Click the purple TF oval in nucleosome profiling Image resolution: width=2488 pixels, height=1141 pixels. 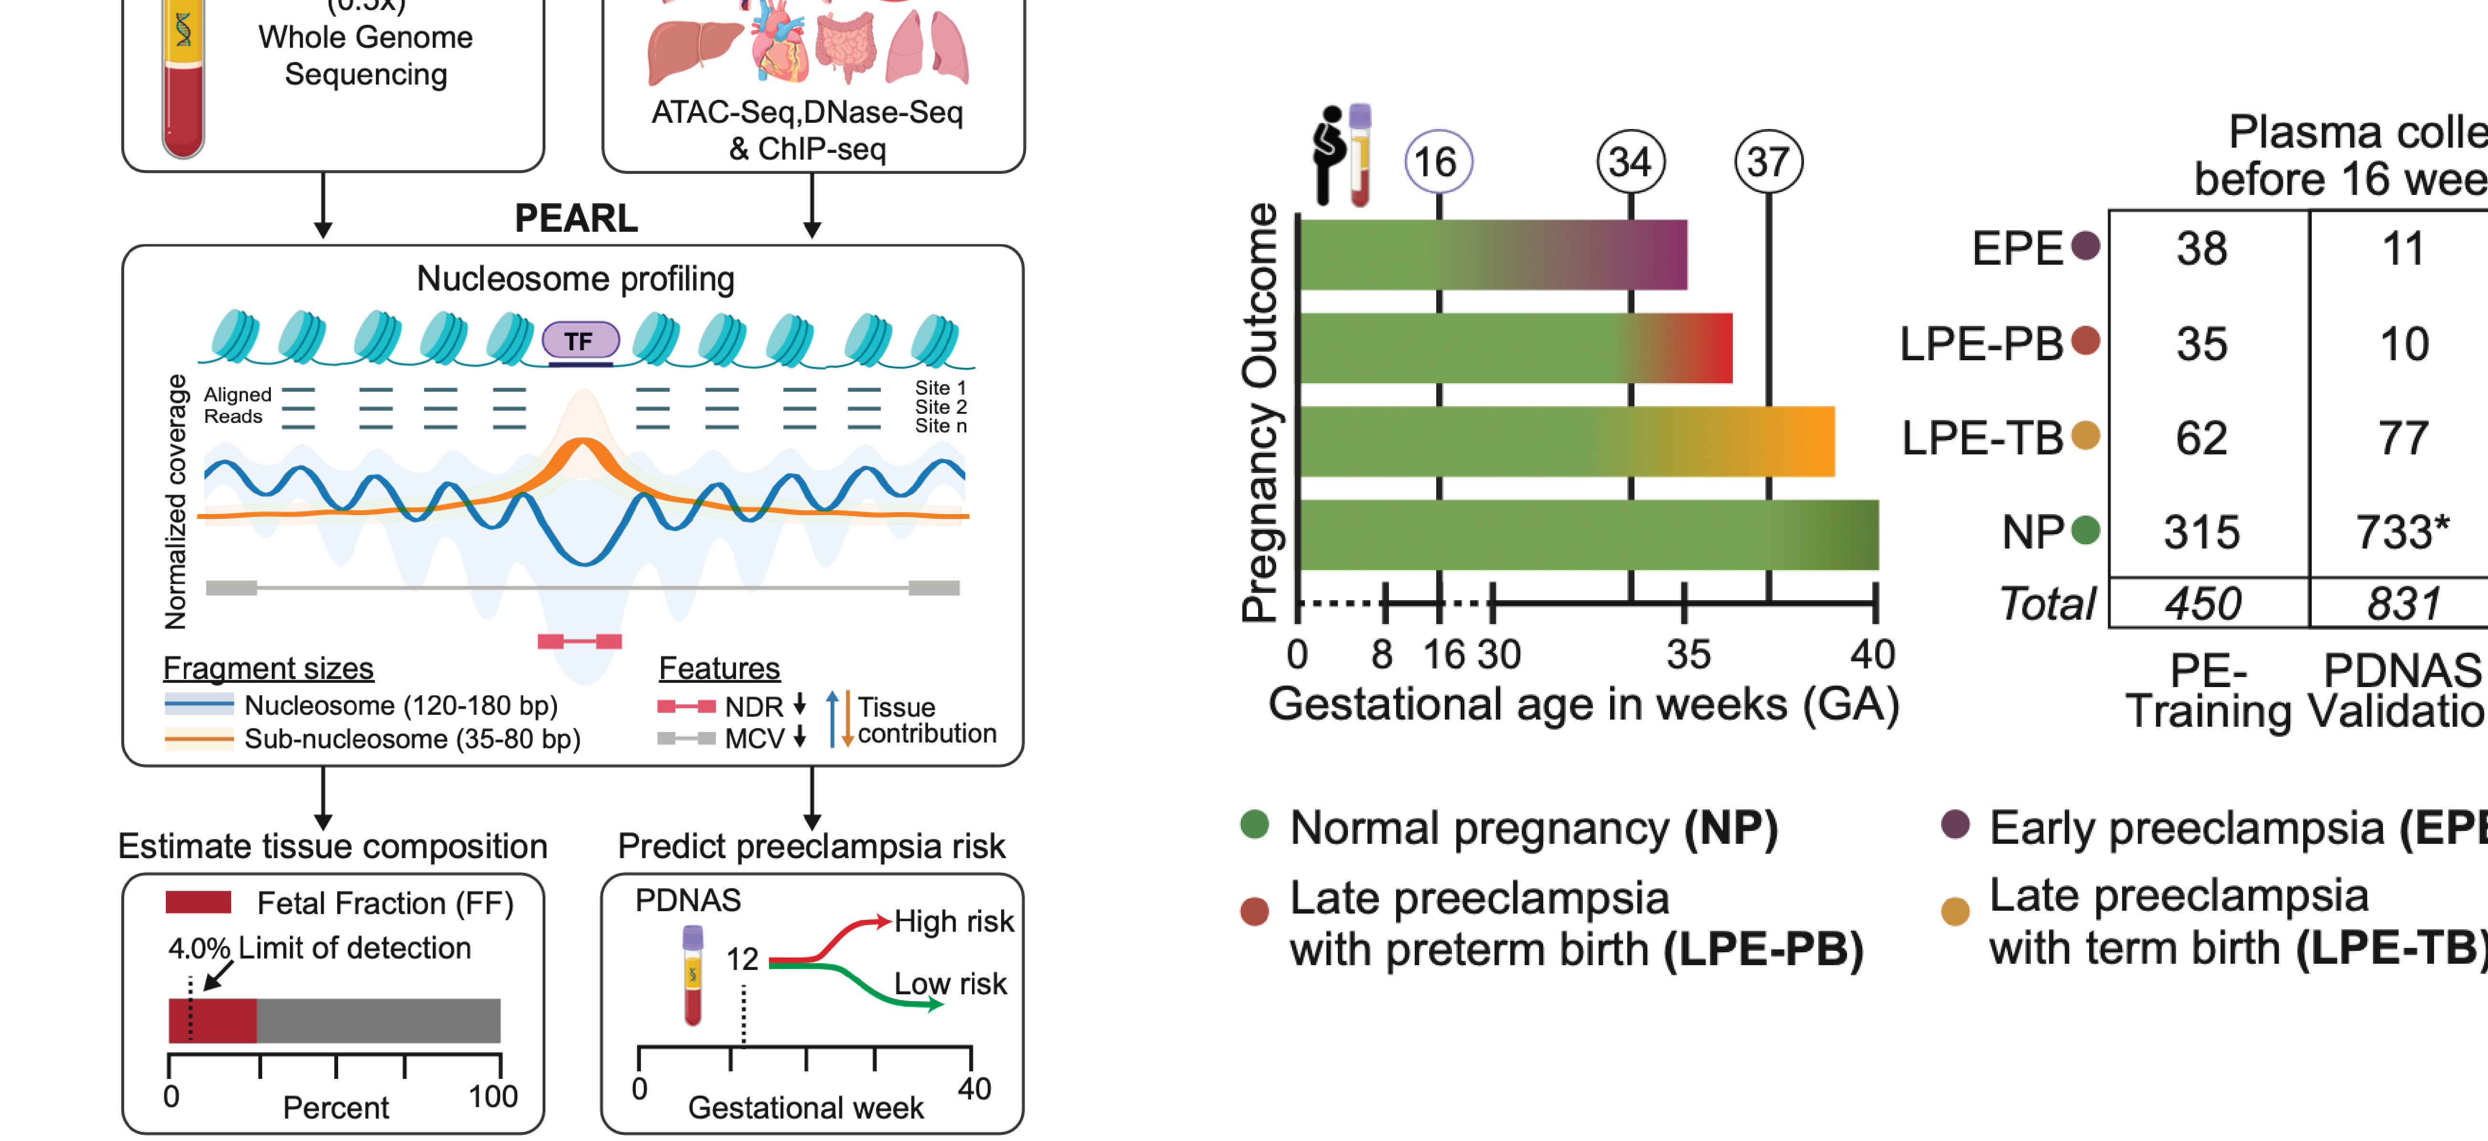[x=579, y=341]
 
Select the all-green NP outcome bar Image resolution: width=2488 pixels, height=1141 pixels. [x=1589, y=534]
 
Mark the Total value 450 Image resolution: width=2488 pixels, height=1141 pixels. [x=2202, y=604]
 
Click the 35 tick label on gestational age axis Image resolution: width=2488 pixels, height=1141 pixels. [x=1687, y=655]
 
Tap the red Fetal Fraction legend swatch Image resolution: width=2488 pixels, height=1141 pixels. [x=198, y=903]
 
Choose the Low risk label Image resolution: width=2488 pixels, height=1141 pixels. [x=950, y=983]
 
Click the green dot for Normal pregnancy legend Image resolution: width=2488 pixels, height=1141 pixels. [x=1254, y=825]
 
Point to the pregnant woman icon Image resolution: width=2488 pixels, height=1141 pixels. [x=1329, y=155]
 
